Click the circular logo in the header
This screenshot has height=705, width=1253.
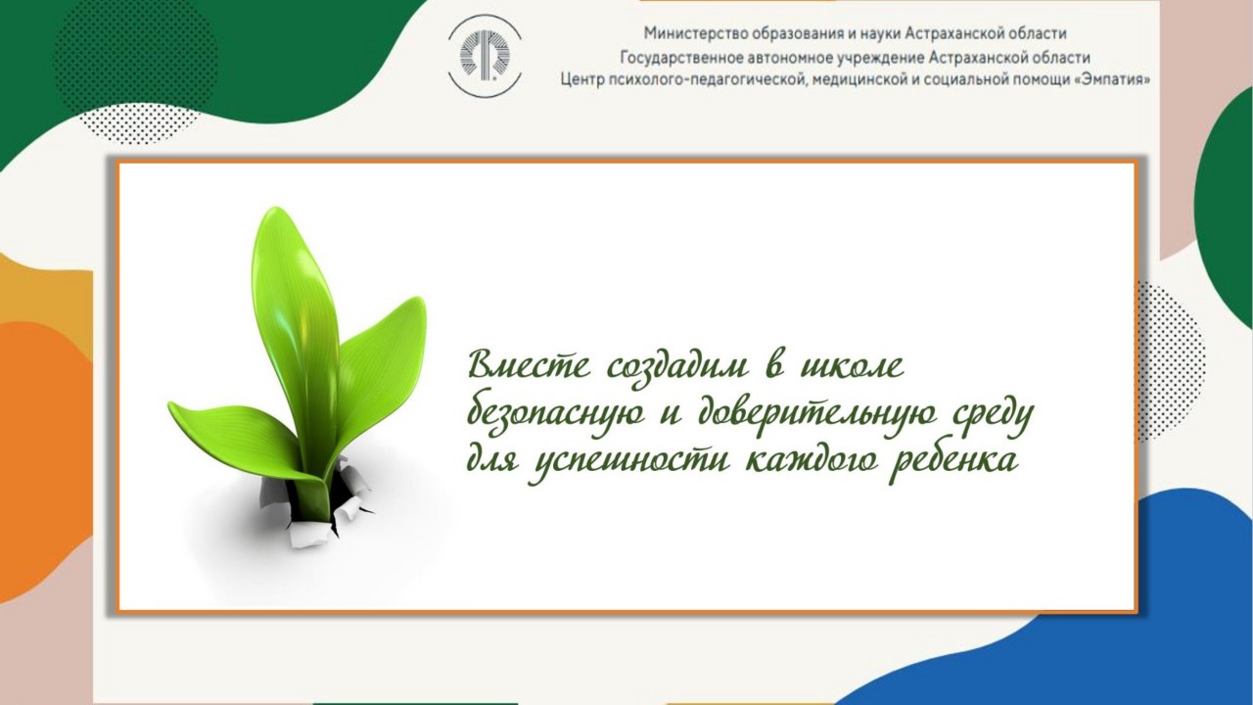point(485,56)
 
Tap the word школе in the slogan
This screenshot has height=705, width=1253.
point(853,366)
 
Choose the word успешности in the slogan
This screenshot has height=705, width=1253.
point(630,465)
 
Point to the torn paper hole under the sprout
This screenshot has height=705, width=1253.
point(313,503)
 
